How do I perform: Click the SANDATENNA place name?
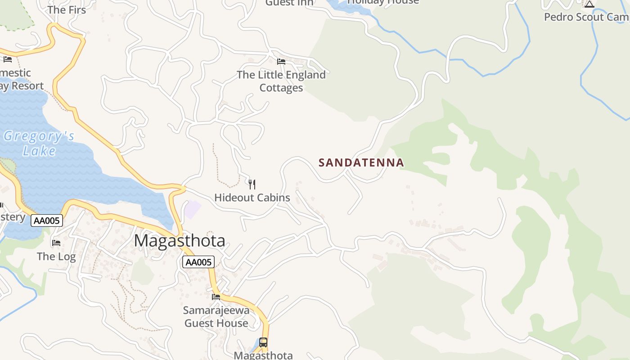pos(361,162)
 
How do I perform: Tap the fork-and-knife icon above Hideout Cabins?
pos(252,184)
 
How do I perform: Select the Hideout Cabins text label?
pos(252,198)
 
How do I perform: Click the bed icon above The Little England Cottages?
pos(281,62)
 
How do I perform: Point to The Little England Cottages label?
pos(281,81)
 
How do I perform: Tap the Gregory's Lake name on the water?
pos(39,143)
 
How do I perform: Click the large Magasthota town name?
pos(180,241)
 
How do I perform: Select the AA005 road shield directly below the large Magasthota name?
pos(198,262)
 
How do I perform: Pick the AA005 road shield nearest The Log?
pos(47,220)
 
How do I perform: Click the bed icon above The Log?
pos(56,243)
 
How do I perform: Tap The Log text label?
pos(56,256)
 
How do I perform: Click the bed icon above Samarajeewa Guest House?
pos(216,297)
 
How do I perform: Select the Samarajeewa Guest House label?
pos(216,317)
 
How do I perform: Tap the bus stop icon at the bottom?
pos(263,342)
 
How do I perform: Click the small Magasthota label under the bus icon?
pos(263,355)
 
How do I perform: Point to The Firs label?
pos(67,9)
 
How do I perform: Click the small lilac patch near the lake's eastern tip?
pos(192,209)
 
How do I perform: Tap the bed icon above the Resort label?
pos(8,59)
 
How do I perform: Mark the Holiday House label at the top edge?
pos(383,2)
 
